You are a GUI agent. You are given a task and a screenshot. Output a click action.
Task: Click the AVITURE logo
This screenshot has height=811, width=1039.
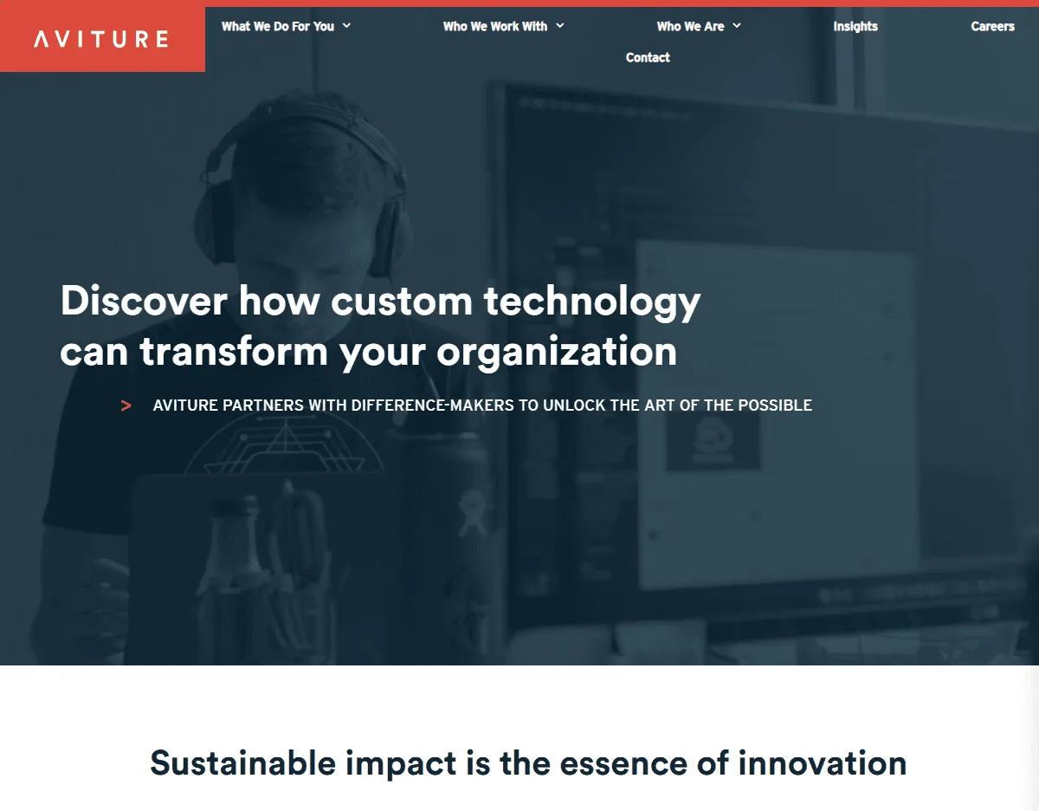coord(101,39)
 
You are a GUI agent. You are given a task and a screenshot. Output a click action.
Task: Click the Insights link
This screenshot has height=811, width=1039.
coord(855,27)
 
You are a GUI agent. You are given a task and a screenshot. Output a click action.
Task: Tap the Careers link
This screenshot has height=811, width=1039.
coord(992,26)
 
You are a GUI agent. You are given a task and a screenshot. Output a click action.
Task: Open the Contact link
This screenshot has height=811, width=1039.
coord(648,57)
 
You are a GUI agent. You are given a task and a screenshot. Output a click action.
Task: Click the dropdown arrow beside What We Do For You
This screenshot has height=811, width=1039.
coord(346,26)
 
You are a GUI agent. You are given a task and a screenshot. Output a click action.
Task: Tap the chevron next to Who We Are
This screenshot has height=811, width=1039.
coord(737,26)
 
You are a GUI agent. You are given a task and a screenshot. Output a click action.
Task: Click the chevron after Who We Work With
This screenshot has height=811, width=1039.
coord(560,26)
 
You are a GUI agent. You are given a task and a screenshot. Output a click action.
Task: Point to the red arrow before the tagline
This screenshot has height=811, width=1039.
coord(126,405)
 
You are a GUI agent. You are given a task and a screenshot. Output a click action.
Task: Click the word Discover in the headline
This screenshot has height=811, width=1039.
coord(144,301)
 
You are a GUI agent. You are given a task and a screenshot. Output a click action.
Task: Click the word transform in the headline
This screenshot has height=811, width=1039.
coord(234,351)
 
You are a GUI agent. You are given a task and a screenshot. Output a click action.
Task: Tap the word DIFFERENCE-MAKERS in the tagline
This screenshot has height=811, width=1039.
coord(433,405)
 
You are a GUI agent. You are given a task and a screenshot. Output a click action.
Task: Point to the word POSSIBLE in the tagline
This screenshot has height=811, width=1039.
coord(775,405)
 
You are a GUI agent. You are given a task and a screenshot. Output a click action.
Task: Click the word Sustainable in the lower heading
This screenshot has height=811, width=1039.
coord(243,762)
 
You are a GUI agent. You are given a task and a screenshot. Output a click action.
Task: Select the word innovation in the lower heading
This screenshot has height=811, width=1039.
coord(823,762)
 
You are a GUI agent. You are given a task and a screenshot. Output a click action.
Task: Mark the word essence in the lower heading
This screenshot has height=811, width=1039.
coord(623,764)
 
